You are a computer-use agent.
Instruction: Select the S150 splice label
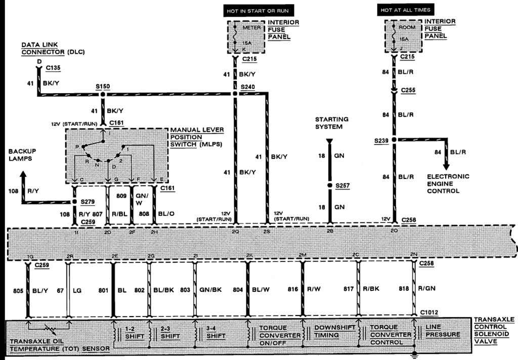pyautogui.click(x=103, y=86)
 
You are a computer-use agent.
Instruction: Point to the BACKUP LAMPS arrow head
pyautogui.click(x=23, y=175)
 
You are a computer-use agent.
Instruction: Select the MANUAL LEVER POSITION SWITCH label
pyautogui.click(x=196, y=138)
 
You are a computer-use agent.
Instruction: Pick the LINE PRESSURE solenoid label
pyautogui.click(x=443, y=331)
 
